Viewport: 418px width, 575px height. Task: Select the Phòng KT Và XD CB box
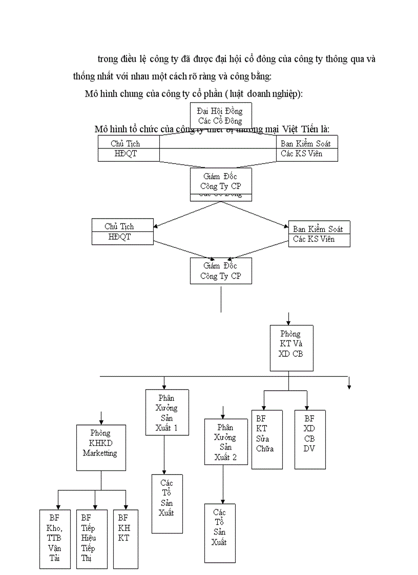290,348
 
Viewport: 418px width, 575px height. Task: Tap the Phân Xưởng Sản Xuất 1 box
167,413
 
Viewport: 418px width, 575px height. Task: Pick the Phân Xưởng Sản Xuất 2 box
226,441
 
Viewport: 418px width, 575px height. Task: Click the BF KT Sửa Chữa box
266,439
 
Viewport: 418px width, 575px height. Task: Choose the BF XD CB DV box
310,439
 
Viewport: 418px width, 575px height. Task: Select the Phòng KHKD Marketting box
100,447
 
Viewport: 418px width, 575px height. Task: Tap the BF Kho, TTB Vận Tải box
55,538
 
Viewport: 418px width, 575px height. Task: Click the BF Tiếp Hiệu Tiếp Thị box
92,538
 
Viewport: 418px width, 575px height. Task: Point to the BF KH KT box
126,538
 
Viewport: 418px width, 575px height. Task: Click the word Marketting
100,453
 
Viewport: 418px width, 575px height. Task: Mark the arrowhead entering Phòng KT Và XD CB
289,322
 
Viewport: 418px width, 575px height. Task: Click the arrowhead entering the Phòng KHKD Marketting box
101,421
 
